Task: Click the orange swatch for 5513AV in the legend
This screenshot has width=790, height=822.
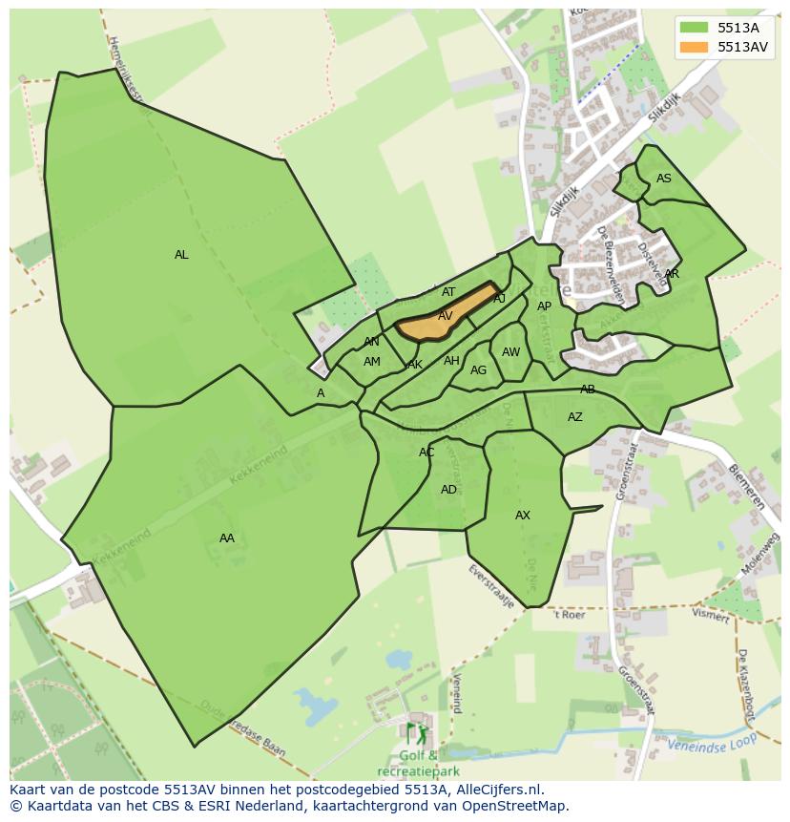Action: pyautogui.click(x=695, y=47)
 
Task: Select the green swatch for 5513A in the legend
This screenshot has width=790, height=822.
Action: pyautogui.click(x=695, y=28)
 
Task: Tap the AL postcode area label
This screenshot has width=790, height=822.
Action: pyautogui.click(x=181, y=255)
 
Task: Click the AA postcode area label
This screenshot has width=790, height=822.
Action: pyautogui.click(x=226, y=538)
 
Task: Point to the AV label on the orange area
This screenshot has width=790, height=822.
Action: pyautogui.click(x=446, y=316)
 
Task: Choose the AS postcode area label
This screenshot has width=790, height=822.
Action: pyautogui.click(x=664, y=179)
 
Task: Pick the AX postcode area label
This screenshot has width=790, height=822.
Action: pyautogui.click(x=523, y=516)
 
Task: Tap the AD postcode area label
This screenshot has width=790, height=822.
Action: pyautogui.click(x=448, y=490)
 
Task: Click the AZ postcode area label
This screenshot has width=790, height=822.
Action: pyautogui.click(x=575, y=417)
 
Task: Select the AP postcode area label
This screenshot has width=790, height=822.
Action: pyautogui.click(x=544, y=306)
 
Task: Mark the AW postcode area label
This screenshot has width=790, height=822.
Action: pyautogui.click(x=511, y=352)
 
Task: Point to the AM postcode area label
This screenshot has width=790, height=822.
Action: pyautogui.click(x=372, y=362)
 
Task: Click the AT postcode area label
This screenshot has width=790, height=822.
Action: pyautogui.click(x=448, y=292)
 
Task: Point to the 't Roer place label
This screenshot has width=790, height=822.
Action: pyautogui.click(x=570, y=616)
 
